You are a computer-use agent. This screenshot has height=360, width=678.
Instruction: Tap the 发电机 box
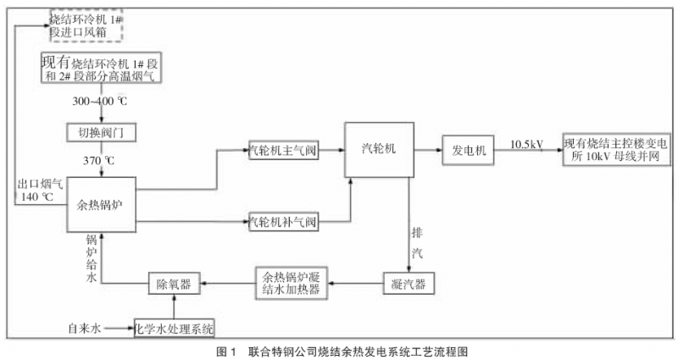[x=468, y=150]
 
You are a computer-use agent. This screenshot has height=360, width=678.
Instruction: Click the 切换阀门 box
[x=102, y=133]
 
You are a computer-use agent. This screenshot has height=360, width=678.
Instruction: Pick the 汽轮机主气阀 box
[x=282, y=150]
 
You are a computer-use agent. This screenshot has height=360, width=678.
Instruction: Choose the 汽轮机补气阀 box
[x=282, y=223]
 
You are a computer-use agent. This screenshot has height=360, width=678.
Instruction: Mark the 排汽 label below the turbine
[x=416, y=242]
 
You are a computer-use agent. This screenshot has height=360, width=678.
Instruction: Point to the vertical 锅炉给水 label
[x=93, y=263]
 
